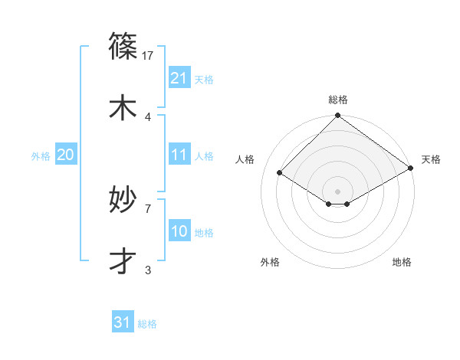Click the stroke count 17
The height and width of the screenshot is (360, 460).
click(x=149, y=56)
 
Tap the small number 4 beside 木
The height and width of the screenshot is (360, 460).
click(x=148, y=116)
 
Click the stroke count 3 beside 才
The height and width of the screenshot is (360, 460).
click(x=148, y=270)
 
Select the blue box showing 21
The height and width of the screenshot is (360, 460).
click(x=179, y=78)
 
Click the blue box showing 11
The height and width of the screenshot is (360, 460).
click(x=179, y=155)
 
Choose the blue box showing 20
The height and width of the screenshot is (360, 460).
click(x=66, y=155)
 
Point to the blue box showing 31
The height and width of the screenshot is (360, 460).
click(x=123, y=322)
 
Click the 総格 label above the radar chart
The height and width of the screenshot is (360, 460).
click(x=338, y=100)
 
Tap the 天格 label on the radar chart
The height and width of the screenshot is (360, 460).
click(x=431, y=159)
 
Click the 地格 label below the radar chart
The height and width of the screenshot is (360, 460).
click(x=402, y=262)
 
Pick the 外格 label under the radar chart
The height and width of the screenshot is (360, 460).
click(x=270, y=262)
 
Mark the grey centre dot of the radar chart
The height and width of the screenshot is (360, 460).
click(x=337, y=191)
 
